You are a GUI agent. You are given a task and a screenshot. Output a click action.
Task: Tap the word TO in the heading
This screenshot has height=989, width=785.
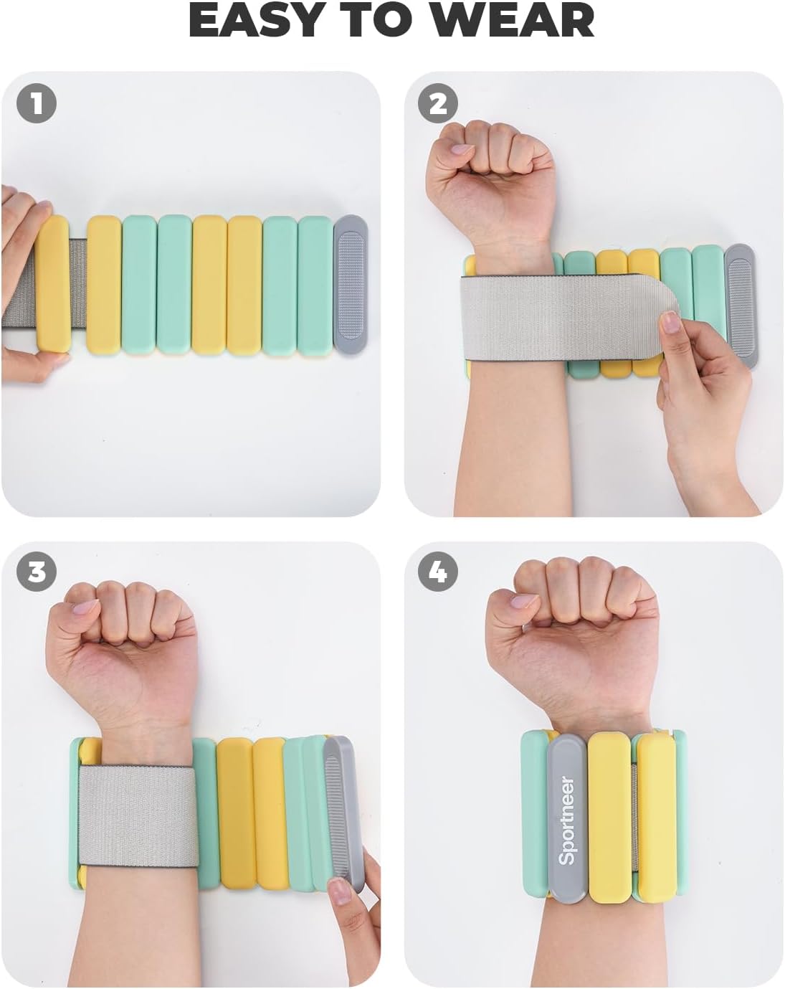pos(375,21)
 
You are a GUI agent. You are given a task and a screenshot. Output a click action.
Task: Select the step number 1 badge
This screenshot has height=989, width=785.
pos(37,103)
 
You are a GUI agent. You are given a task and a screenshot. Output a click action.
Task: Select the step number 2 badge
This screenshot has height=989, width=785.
pos(438,103)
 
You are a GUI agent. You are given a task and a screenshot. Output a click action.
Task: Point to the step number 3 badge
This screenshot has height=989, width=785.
pos(37,572)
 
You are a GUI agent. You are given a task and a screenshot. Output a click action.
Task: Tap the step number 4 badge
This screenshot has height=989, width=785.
pos(438,572)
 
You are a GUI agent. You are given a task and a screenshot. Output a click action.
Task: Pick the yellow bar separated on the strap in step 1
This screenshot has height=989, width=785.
pos(53,283)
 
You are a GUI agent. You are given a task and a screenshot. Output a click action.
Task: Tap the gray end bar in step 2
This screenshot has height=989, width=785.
pos(740,306)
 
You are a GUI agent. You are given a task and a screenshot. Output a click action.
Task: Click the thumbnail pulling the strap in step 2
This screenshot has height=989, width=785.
pos(670,322)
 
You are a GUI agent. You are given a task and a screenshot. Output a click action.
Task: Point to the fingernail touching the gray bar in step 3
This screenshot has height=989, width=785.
pos(341,891)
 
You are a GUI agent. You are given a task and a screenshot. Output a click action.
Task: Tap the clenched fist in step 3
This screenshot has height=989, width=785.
pos(122,645)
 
